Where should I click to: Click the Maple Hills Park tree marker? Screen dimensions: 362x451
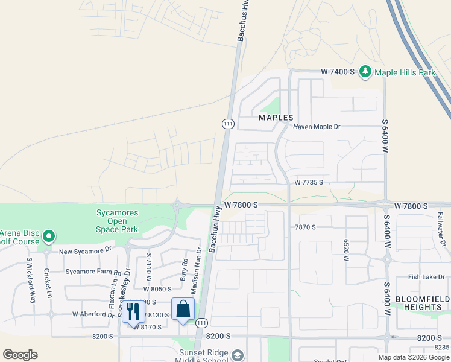tap(365, 72)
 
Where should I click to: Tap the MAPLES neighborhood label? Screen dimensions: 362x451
tap(276, 118)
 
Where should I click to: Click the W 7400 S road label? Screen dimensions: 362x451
tap(338, 71)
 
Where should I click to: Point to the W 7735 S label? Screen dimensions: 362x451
tap(309, 182)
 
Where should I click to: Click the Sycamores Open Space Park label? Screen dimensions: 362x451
tap(118, 221)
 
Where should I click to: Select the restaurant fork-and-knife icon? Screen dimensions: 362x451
tap(133, 311)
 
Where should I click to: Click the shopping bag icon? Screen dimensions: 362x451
tap(183, 309)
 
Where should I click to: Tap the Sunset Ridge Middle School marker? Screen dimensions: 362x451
tap(238, 356)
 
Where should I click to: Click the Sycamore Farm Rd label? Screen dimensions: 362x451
tap(93, 272)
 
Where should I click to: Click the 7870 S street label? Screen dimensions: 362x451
tap(306, 227)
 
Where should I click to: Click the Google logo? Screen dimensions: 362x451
tap(20, 355)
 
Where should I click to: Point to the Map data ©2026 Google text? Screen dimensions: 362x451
tap(413, 357)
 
